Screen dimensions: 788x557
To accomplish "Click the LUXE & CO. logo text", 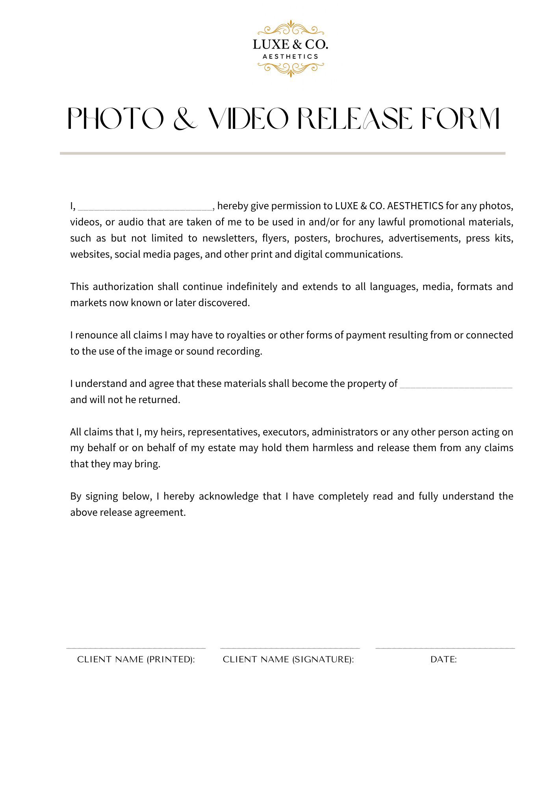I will tap(290, 45).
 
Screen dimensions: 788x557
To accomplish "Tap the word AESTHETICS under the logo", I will tap(290, 57).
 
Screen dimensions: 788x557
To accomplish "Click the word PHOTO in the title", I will tap(116, 119).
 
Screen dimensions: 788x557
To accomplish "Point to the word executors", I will tap(285, 432).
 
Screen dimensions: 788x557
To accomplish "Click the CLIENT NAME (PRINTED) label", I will tap(136, 660).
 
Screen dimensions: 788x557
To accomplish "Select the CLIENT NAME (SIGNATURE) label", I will tap(288, 660).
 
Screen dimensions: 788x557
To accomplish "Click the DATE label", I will tap(444, 660).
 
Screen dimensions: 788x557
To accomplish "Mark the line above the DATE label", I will tap(445, 648).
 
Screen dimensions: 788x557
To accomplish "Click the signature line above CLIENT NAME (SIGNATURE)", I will tap(290, 648).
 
